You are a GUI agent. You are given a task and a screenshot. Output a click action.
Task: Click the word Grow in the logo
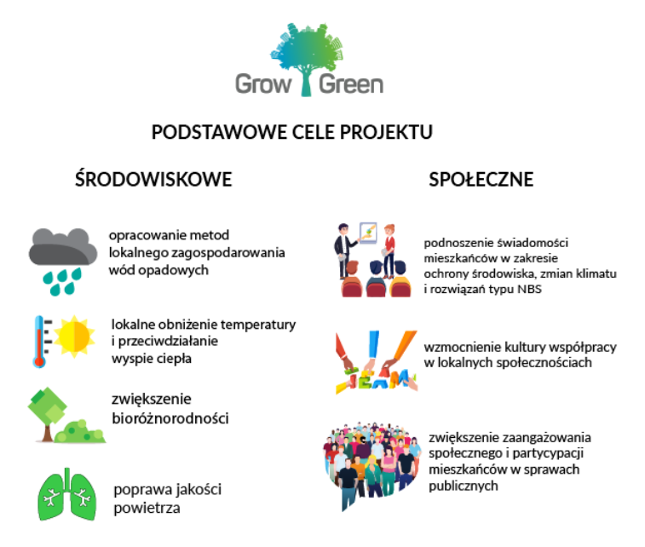pyautogui.click(x=263, y=84)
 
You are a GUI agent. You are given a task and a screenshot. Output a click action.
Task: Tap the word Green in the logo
pyautogui.click(x=351, y=84)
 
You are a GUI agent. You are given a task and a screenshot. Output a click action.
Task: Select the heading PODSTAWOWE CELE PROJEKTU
pyautogui.click(x=292, y=132)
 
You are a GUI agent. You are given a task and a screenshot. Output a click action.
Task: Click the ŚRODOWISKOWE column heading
pyautogui.click(x=153, y=179)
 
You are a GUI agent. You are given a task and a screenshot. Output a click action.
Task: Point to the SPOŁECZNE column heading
pyautogui.click(x=481, y=180)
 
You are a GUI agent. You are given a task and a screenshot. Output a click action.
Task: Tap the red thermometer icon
pyautogui.click(x=40, y=342)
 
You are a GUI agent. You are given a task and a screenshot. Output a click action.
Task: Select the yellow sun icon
pyautogui.click(x=74, y=336)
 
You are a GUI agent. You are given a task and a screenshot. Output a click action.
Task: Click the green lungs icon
pyautogui.click(x=67, y=495)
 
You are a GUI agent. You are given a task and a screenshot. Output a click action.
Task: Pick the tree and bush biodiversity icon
pyautogui.click(x=66, y=415)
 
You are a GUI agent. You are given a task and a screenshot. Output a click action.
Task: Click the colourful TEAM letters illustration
pyautogui.click(x=377, y=362)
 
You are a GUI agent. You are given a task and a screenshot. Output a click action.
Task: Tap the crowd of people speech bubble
pyautogui.click(x=371, y=464)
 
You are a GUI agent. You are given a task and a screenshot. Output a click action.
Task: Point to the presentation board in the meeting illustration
pyautogui.click(x=368, y=233)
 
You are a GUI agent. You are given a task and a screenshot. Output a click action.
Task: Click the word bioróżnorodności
pyautogui.click(x=170, y=418)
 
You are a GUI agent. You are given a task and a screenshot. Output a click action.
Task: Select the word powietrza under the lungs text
pyautogui.click(x=147, y=509)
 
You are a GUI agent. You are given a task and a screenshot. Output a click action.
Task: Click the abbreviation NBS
pyautogui.click(x=529, y=289)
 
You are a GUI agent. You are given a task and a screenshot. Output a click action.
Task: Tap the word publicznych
pyautogui.click(x=464, y=487)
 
